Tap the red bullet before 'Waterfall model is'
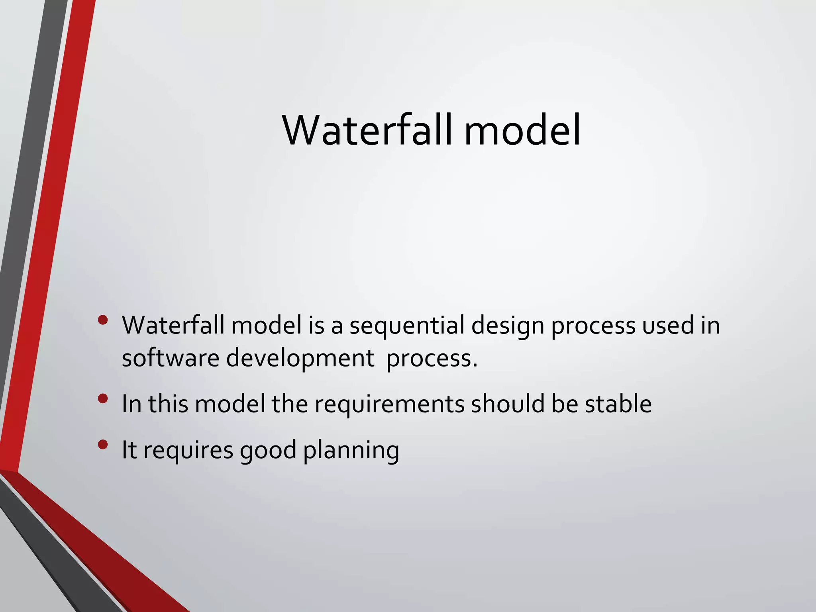103,320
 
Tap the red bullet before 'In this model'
103,399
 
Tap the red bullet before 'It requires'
103,444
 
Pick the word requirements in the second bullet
389,405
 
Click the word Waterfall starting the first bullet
173,325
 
